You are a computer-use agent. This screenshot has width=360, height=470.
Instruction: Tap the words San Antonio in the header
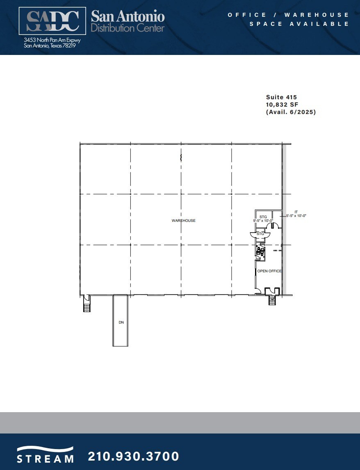pos(128,17)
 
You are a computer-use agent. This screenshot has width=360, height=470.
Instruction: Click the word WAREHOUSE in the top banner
pos(317,15)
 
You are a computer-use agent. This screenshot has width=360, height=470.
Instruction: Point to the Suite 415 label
pos(281,97)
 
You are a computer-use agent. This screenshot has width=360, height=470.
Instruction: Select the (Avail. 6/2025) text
pos(291,112)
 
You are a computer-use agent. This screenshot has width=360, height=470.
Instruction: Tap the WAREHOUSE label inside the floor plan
pos(183,221)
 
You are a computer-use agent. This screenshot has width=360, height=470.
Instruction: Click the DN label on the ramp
pos(121,322)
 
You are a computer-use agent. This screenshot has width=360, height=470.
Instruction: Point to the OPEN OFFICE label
pos(269,271)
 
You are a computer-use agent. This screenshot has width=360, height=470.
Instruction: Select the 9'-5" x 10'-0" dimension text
pos(263,221)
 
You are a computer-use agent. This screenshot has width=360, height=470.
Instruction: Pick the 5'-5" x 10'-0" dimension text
pos(296,216)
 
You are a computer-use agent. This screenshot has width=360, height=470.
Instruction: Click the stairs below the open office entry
pos(272,301)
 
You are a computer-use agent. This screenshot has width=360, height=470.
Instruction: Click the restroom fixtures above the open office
pos(260,251)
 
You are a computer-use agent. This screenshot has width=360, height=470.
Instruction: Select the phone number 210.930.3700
pos(134,456)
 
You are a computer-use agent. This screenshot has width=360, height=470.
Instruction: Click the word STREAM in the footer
pos(45,459)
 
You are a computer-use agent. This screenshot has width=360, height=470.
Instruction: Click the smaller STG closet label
pos(260,233)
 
